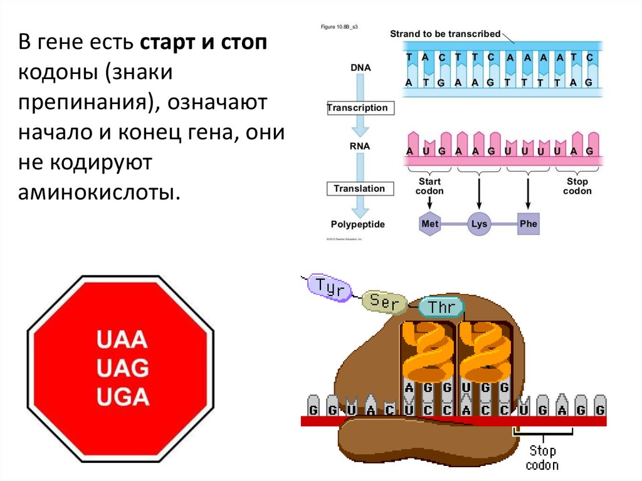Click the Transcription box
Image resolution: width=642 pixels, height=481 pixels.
[x=357, y=108]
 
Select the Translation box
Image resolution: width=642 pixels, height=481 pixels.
[x=359, y=188]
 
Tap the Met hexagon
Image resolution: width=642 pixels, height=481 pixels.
[x=429, y=224]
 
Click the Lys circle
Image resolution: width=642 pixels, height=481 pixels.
[x=478, y=224]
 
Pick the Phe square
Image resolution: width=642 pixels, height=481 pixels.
[x=528, y=224]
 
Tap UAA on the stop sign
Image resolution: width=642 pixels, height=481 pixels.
[x=122, y=339]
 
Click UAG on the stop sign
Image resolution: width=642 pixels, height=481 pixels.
[x=122, y=368]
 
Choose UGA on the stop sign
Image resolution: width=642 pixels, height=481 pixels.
[x=122, y=396]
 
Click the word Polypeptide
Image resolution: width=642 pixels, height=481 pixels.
[x=357, y=225]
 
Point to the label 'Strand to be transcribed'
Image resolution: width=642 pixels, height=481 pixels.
[x=445, y=34]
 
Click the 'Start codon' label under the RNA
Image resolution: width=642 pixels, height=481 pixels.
[x=429, y=186]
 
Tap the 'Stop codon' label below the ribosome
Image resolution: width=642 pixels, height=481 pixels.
[x=542, y=458]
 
